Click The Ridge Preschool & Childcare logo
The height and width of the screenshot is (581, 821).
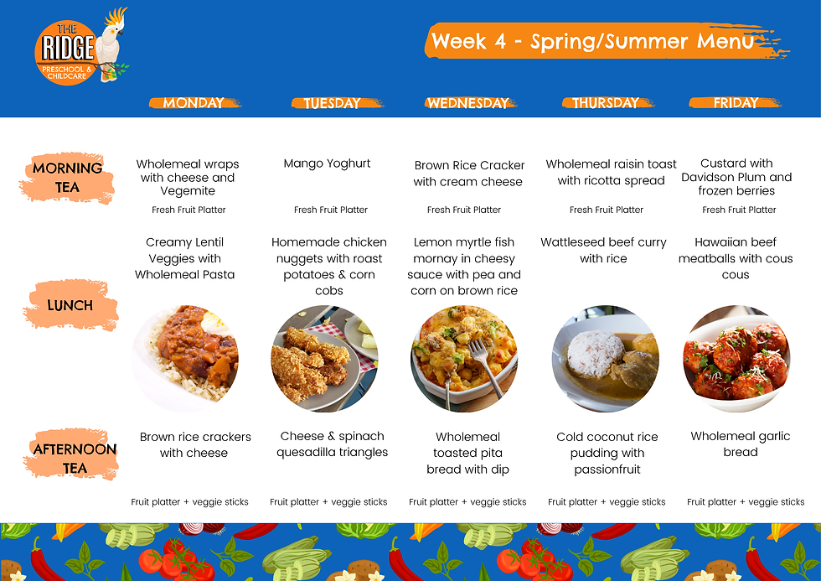coord(81,47)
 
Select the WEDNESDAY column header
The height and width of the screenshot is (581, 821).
coord(468,103)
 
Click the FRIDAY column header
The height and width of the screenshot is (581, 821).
coord(736,102)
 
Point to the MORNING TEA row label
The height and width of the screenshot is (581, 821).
coord(67,178)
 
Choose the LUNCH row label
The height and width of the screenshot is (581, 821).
coord(70,305)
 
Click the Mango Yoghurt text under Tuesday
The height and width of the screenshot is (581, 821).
coord(327,163)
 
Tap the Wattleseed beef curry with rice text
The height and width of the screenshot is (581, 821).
coord(603,251)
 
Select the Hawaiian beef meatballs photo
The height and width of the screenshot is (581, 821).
coord(736,358)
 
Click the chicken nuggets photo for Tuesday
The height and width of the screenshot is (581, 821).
coord(325,358)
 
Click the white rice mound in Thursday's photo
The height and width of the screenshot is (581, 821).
coord(596,353)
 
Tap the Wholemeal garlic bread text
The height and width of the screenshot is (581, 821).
coord(741,444)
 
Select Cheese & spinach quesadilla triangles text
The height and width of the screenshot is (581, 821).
coord(332,444)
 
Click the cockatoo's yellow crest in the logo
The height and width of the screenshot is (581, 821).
coord(116,17)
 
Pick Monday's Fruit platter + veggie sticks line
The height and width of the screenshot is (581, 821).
coord(189,502)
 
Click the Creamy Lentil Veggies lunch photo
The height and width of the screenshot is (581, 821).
coord(185,358)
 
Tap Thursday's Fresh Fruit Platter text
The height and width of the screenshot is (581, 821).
coord(607,210)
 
